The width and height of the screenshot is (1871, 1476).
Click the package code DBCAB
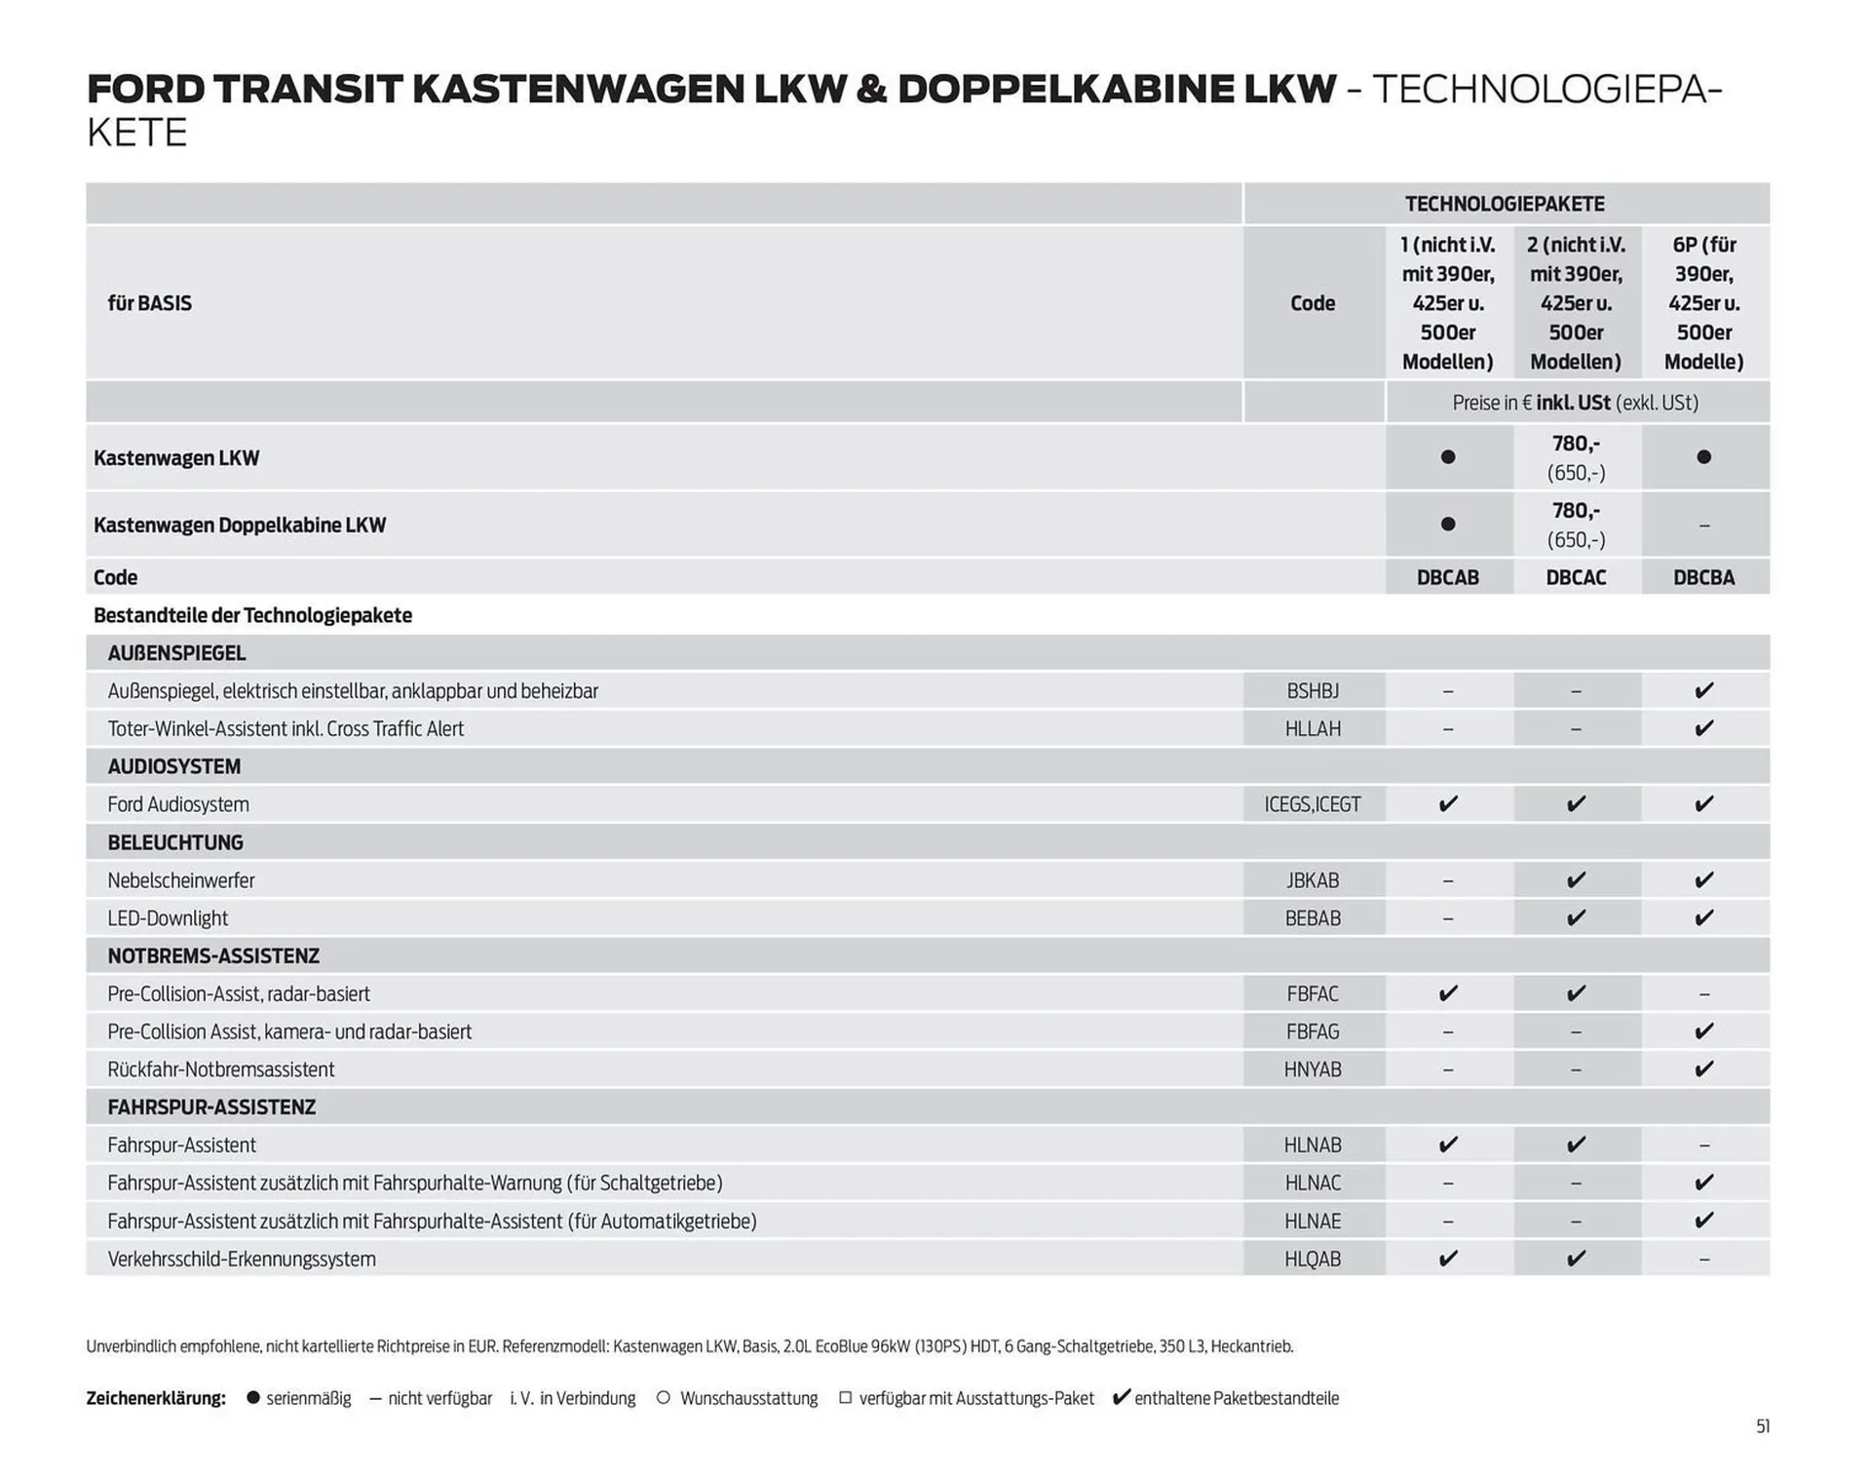[x=1447, y=577]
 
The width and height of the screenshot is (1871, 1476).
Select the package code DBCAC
[x=1575, y=577]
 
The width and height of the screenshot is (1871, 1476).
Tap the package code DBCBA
[x=1703, y=577]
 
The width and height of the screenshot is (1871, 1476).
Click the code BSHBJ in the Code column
[x=1312, y=691]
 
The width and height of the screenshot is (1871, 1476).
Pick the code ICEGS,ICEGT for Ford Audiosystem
[x=1312, y=804]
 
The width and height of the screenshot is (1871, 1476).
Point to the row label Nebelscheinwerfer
[x=181, y=880]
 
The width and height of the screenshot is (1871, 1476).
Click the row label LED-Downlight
[x=168, y=918]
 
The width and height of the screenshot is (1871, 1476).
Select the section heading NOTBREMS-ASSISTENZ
[x=213, y=956]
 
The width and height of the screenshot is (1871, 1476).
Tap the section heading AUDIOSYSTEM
[x=173, y=766]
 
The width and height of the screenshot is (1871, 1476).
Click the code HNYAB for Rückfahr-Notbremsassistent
[x=1312, y=1069]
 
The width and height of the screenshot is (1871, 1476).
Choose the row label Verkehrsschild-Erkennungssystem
[x=242, y=1259]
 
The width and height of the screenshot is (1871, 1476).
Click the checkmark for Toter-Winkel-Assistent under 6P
[x=1703, y=728]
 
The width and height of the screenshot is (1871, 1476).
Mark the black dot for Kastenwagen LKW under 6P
[x=1703, y=457]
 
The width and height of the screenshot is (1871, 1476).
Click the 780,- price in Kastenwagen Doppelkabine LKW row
[x=1575, y=511]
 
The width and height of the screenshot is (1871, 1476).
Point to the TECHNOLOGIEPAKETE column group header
[x=1504, y=204]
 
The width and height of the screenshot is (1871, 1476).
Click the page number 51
[x=1762, y=1426]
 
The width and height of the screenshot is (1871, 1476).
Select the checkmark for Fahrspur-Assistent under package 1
[x=1448, y=1145]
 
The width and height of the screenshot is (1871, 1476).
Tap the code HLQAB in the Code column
[x=1312, y=1259]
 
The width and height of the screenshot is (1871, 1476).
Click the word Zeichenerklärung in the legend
[x=156, y=1398]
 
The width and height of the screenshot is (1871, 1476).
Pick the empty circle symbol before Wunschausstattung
[x=664, y=1398]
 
